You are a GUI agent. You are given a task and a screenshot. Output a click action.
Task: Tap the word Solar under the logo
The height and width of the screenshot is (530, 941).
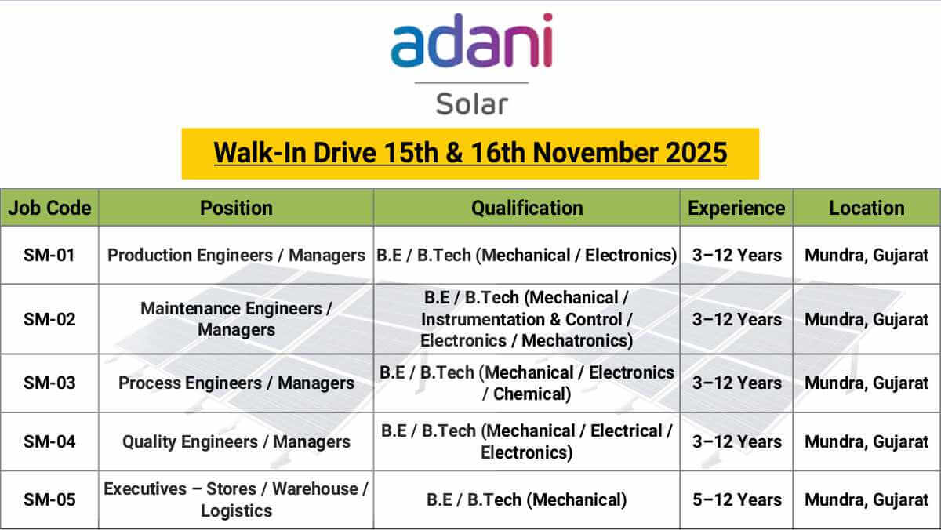click(471, 103)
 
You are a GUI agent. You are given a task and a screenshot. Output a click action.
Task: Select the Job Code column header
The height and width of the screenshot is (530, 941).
click(49, 208)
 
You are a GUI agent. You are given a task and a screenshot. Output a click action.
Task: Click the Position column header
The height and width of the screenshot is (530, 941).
click(236, 208)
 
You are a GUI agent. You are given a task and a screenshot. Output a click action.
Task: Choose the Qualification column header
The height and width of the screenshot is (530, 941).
click(527, 208)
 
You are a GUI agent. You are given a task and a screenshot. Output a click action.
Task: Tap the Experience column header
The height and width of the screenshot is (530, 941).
click(736, 208)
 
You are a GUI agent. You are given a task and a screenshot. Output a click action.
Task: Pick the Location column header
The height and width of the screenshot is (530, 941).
click(867, 208)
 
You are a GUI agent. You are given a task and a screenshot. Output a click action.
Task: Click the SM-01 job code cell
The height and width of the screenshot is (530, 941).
click(49, 255)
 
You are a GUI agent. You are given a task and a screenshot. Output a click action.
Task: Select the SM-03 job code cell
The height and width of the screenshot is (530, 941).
click(49, 383)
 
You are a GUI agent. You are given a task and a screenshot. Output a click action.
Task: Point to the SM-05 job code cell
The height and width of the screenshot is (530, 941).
click(49, 499)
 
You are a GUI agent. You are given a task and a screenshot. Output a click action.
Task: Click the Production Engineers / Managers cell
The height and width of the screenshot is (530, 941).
click(236, 255)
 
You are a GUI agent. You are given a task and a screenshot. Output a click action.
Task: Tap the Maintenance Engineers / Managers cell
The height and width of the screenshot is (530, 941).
click(236, 319)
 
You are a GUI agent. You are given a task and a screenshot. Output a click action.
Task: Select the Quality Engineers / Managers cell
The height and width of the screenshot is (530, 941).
click(236, 441)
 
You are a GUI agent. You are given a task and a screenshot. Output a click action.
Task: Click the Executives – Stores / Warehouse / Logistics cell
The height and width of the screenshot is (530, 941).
click(236, 499)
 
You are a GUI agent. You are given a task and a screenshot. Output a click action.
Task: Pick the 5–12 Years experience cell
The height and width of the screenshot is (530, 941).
click(736, 499)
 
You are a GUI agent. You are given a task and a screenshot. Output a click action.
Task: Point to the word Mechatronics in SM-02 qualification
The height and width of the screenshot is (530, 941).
click(576, 341)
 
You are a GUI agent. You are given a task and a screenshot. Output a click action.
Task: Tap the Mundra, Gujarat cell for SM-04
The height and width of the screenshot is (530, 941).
click(867, 441)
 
